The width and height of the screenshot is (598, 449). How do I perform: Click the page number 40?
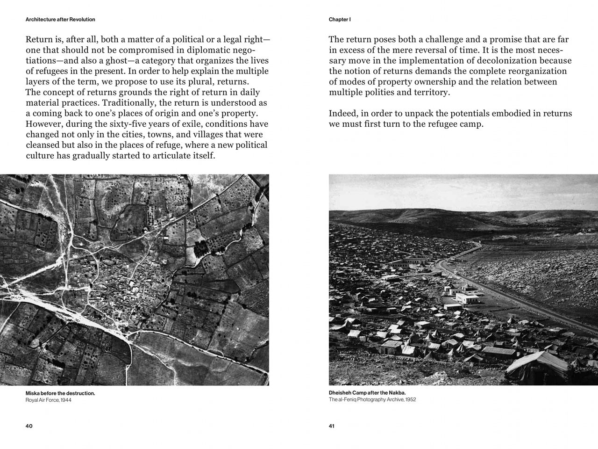(29, 426)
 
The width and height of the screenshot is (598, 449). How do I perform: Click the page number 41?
(332, 426)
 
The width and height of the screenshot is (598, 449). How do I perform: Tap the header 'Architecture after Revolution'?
(60, 20)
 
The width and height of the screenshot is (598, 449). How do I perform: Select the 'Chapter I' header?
(340, 20)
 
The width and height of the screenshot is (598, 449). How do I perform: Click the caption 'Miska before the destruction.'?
(60, 393)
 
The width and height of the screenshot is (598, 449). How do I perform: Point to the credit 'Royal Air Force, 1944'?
(49, 400)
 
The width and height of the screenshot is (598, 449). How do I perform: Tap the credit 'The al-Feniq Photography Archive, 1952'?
(372, 400)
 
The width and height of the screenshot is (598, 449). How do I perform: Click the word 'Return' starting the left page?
(39, 40)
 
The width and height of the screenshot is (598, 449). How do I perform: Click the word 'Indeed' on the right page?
(343, 114)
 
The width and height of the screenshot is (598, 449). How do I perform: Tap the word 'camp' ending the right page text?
(469, 124)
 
